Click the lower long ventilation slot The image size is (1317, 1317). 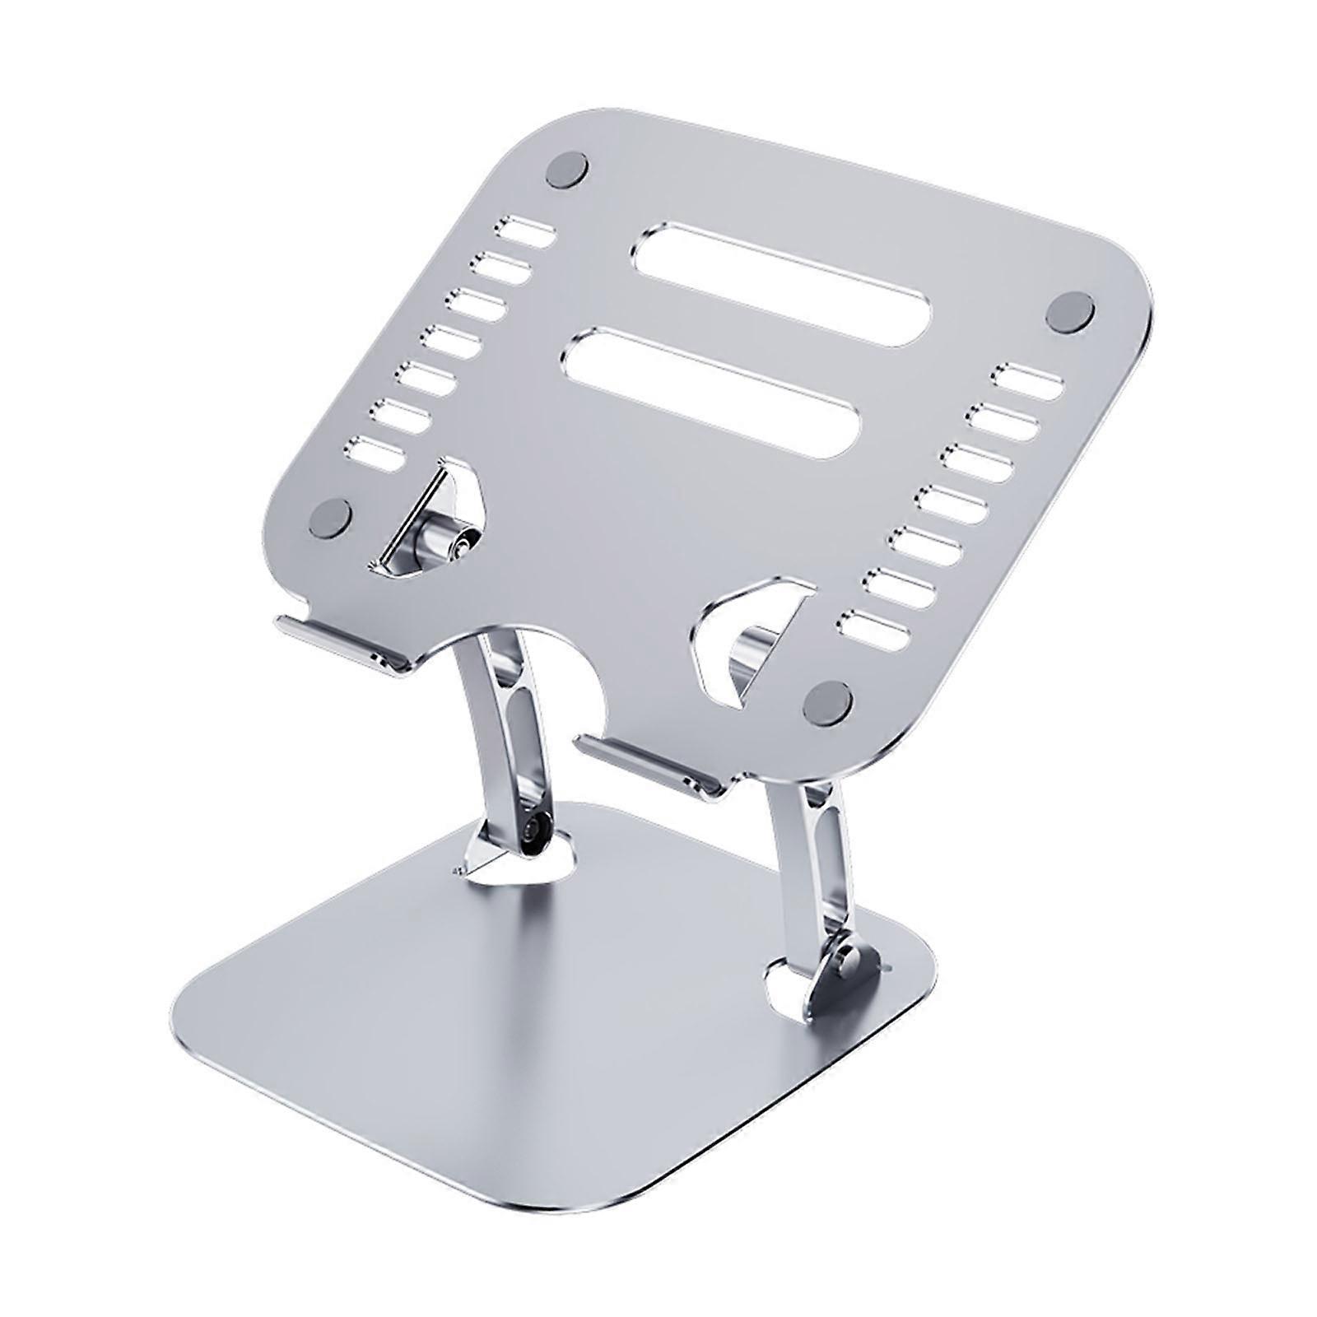pyautogui.click(x=713, y=390)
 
